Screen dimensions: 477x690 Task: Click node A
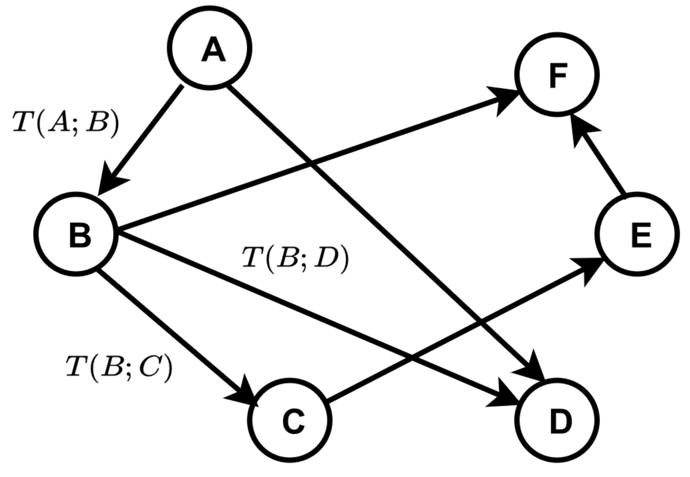[210, 48]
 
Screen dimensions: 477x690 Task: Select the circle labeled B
[76, 234]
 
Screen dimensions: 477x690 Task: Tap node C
[290, 420]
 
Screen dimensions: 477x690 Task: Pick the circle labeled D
[557, 420]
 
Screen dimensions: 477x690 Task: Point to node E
[638, 234]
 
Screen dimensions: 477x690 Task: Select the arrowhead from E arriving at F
[582, 129]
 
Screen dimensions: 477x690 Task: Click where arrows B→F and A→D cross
[310, 164]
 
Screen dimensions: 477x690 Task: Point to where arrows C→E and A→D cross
[481, 323]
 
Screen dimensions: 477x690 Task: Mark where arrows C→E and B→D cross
[412, 358]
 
